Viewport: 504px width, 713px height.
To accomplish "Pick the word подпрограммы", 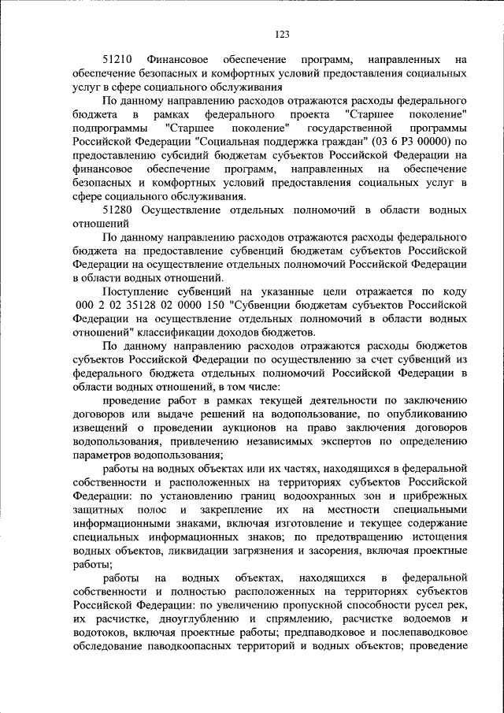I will click(108, 128).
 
